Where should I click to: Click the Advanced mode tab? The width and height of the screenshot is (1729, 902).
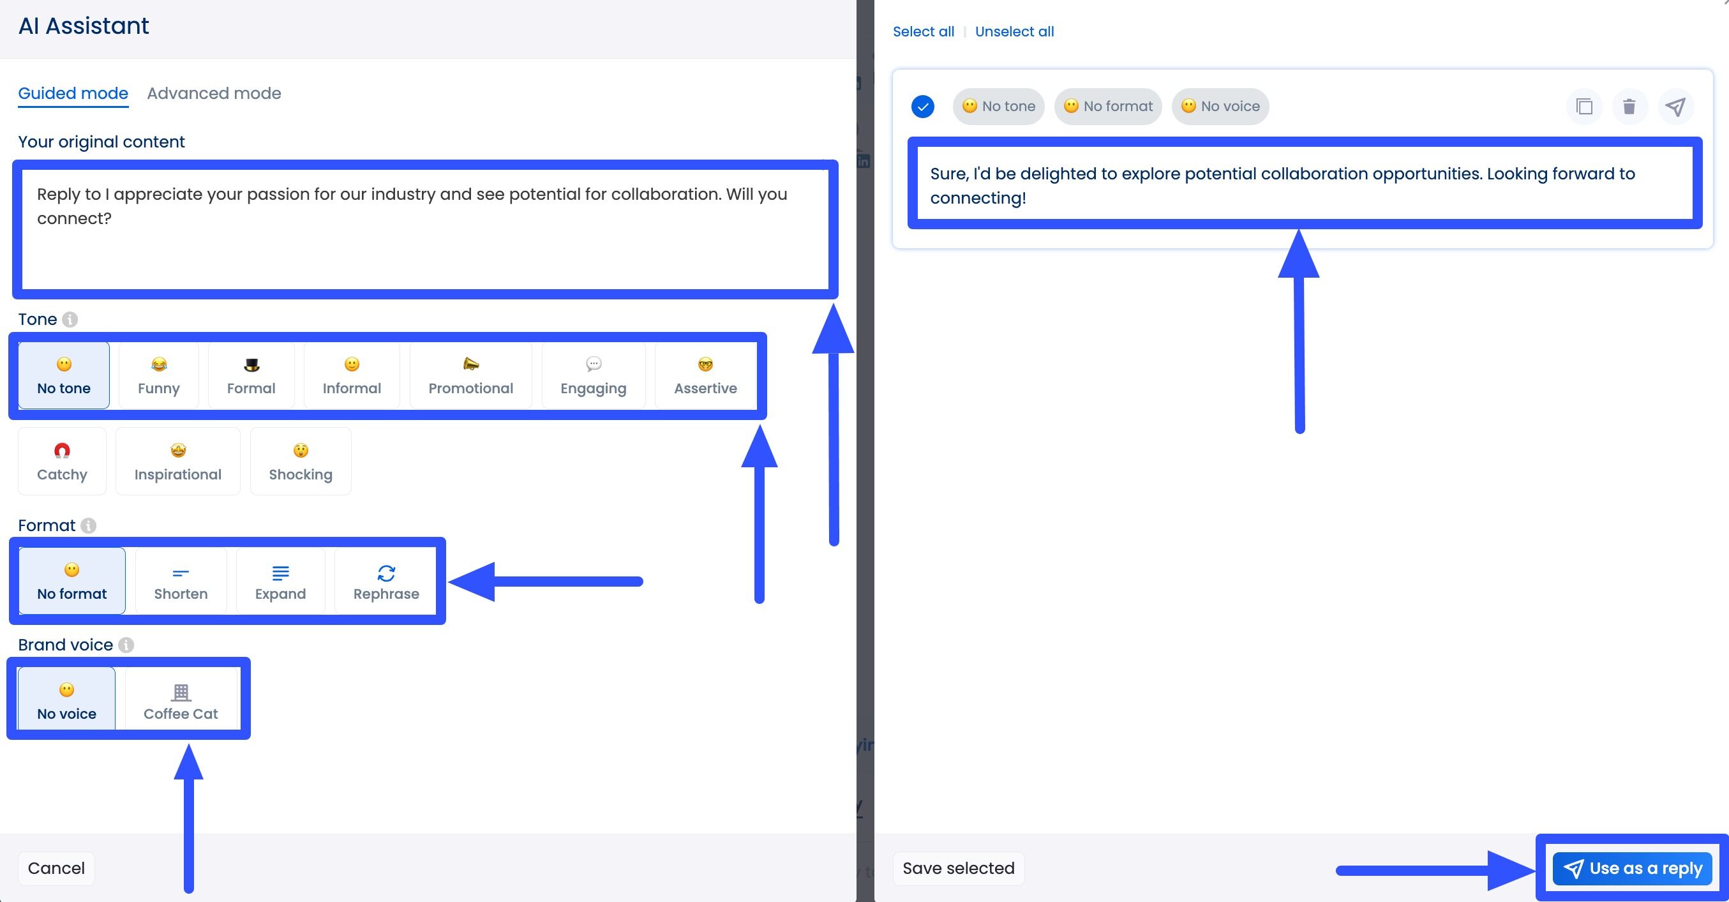213,93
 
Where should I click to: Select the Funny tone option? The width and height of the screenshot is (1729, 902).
158,376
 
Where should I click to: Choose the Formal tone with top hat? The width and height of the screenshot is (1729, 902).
251,376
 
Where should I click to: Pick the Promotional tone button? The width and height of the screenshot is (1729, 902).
470,376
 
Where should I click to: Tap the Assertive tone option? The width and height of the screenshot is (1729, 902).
705,376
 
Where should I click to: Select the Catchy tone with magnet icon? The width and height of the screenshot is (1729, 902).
62,462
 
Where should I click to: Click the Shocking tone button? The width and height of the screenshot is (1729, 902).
300,462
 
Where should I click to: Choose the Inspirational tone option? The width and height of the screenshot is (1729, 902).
178,462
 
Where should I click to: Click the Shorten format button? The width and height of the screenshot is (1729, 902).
181,581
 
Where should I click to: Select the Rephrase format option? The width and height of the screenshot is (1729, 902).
386,581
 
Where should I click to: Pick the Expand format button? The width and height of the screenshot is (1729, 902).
280,581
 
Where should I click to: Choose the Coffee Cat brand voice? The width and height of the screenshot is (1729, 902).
181,701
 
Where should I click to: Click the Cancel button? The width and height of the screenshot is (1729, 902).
56,868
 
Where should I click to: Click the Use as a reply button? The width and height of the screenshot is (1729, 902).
1633,868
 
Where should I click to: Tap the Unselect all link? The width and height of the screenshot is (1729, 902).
1014,31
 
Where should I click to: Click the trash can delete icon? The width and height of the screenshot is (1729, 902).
1629,107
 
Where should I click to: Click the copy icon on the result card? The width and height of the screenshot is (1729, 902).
1584,107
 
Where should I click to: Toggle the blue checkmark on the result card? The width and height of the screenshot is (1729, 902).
923,107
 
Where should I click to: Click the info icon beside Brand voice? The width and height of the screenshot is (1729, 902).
126,645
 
